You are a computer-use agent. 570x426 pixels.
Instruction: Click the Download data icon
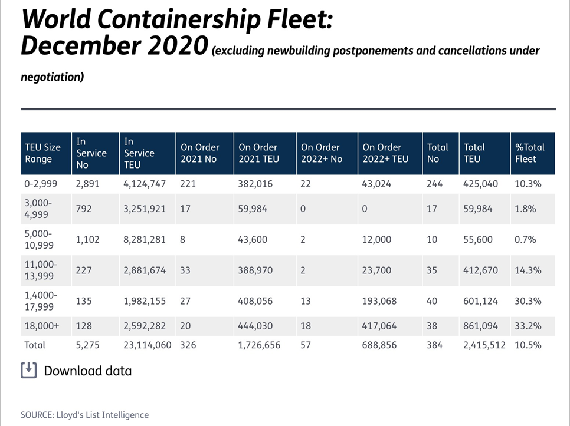pos(29,370)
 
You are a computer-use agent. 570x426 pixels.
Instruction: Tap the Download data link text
pos(87,371)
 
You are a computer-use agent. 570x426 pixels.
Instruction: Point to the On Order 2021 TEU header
pos(258,153)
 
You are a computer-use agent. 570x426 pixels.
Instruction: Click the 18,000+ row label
pos(41,325)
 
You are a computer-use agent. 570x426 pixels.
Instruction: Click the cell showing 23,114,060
pos(147,345)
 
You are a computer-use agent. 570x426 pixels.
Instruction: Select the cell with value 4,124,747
pos(145,184)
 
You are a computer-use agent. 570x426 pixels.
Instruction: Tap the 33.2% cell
pos(528,325)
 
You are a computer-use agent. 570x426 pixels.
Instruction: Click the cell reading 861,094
pos(480,325)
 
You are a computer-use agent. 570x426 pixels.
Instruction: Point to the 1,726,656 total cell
pos(259,345)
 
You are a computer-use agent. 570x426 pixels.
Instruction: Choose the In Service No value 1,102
pos(89,240)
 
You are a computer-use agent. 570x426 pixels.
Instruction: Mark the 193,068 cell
pos(381,301)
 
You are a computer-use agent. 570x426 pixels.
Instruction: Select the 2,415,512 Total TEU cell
pos(484,345)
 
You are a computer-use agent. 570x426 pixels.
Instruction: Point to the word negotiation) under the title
pos(52,77)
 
